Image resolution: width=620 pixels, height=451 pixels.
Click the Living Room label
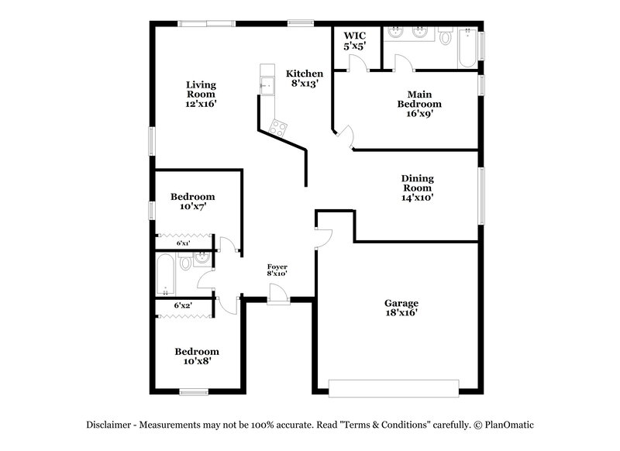pyautogui.click(x=201, y=94)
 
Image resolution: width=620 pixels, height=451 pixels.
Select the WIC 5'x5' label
pyautogui.click(x=356, y=41)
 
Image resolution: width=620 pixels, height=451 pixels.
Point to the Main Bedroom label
pyautogui.click(x=419, y=103)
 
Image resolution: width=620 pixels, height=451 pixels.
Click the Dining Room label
pyautogui.click(x=417, y=188)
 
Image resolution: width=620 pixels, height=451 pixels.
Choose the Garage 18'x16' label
pyautogui.click(x=401, y=308)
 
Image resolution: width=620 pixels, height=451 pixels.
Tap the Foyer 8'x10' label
pyautogui.click(x=277, y=270)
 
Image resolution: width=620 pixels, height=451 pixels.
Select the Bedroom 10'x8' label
pyautogui.click(x=196, y=356)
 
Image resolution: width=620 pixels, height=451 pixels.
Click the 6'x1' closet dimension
pyautogui.click(x=183, y=243)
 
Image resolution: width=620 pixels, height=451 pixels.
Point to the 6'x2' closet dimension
pyautogui.click(x=183, y=305)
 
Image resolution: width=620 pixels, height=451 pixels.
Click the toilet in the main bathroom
pyautogui.click(x=446, y=36)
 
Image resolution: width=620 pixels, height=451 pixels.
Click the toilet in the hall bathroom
pyautogui.click(x=186, y=263)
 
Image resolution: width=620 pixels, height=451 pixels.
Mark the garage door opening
pyautogui.click(x=393, y=385)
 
